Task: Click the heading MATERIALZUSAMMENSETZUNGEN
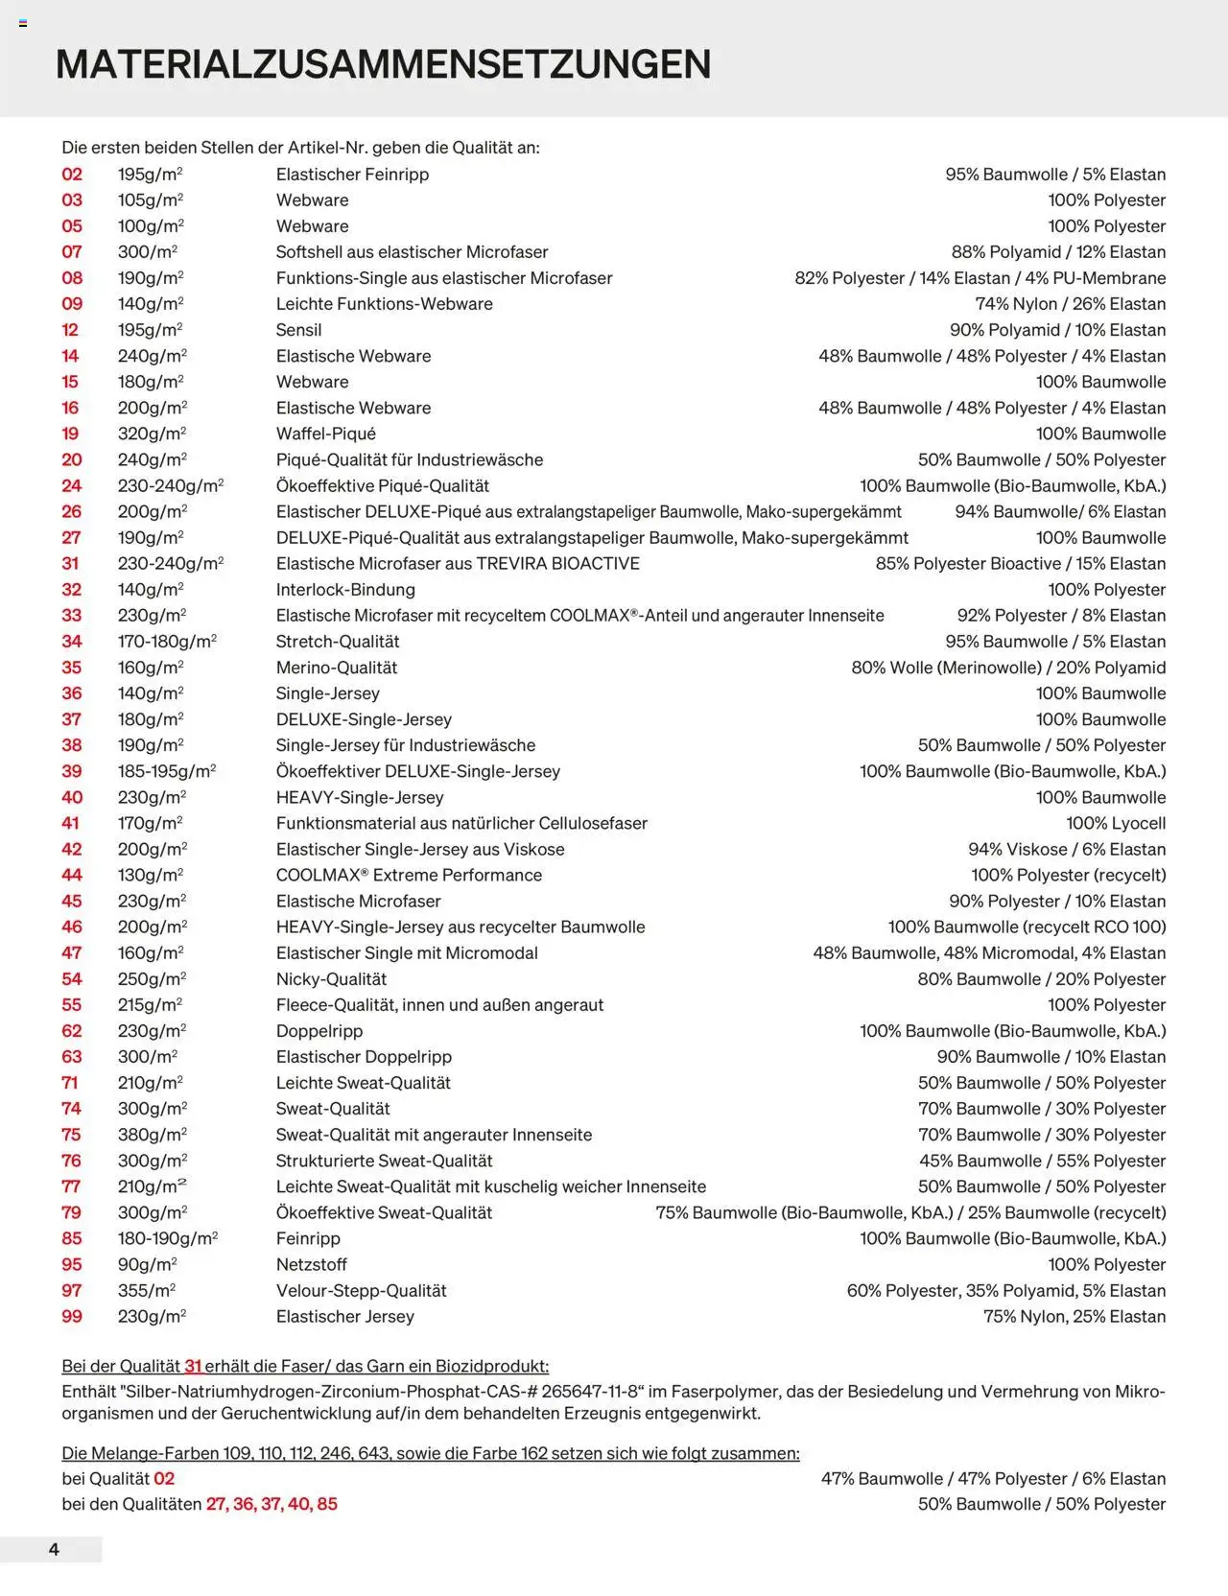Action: (x=383, y=64)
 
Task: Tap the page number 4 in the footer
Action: (x=54, y=1549)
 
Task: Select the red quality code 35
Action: (x=72, y=668)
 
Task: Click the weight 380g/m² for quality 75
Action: (x=153, y=1135)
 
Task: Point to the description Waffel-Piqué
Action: (x=325, y=434)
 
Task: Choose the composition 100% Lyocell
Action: (x=1116, y=823)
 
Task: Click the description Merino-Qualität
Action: (x=336, y=668)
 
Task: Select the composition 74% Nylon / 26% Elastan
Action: (x=1070, y=304)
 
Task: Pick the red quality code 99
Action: (x=72, y=1317)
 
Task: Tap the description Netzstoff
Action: (x=311, y=1265)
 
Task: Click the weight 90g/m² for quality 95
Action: (x=147, y=1265)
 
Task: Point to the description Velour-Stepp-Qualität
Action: (x=361, y=1291)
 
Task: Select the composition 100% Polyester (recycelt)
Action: (x=1068, y=875)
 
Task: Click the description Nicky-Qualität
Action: (x=331, y=979)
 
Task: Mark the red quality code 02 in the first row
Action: (x=72, y=175)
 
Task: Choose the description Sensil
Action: (x=298, y=330)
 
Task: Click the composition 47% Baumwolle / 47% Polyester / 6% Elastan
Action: (x=993, y=1479)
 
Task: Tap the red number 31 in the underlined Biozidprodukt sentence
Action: (x=193, y=1366)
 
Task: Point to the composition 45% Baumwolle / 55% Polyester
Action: (x=1042, y=1161)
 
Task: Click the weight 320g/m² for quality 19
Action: (x=152, y=434)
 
